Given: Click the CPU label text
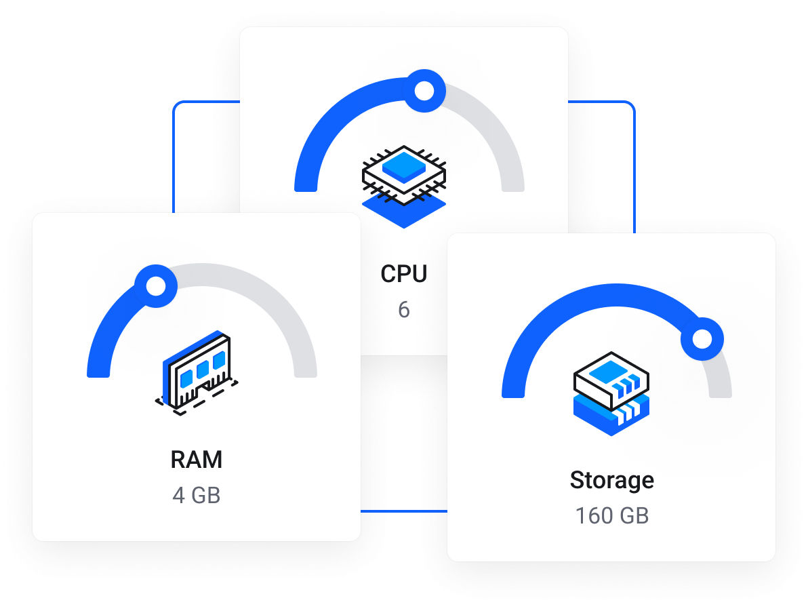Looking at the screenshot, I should [404, 274].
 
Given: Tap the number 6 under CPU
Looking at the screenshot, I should [404, 310].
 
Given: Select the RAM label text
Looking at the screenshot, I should [197, 460].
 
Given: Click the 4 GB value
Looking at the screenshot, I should [197, 496].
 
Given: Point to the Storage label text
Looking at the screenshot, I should [611, 480].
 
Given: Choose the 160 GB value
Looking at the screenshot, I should [611, 516].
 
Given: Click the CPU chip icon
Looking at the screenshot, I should [404, 173].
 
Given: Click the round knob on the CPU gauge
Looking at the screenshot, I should [424, 90].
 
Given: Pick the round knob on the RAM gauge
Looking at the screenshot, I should [156, 285].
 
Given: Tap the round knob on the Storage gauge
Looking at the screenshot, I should [702, 338].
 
